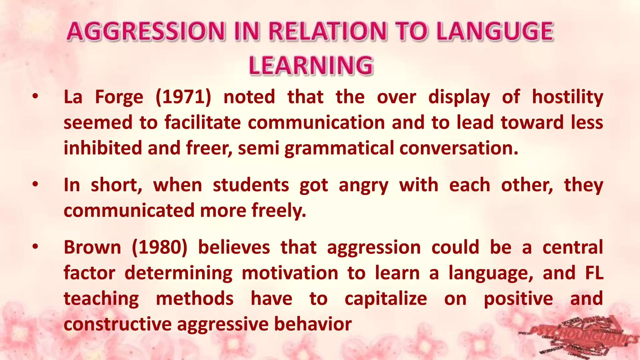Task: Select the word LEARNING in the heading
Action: coord(311,66)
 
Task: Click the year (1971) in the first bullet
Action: coord(183,97)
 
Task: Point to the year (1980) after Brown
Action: coord(159,247)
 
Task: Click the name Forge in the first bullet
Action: coord(119,97)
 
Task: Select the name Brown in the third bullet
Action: coord(92,247)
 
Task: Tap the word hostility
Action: coord(567,97)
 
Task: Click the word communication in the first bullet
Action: coord(316,122)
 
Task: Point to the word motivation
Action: coord(290,273)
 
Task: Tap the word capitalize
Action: coord(386,299)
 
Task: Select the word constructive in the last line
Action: coord(117,324)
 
